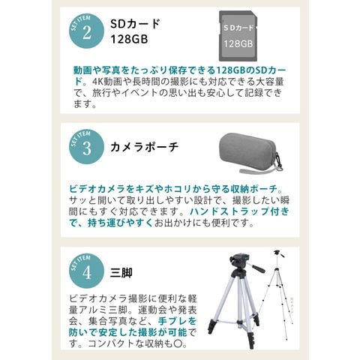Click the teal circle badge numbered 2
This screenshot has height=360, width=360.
86,31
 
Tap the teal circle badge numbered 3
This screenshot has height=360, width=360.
86,147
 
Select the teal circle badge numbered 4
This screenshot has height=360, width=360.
86,271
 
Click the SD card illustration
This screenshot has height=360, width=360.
238,36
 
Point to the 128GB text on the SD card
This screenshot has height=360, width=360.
238,44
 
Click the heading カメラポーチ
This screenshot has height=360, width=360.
145,147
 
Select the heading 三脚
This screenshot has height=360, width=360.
121,272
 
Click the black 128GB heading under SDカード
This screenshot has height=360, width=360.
129,39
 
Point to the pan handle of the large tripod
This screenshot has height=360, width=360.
256,268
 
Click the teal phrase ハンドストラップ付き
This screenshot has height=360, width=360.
239,211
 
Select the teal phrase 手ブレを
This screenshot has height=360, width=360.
177,321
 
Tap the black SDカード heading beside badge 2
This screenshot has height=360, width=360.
135,24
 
